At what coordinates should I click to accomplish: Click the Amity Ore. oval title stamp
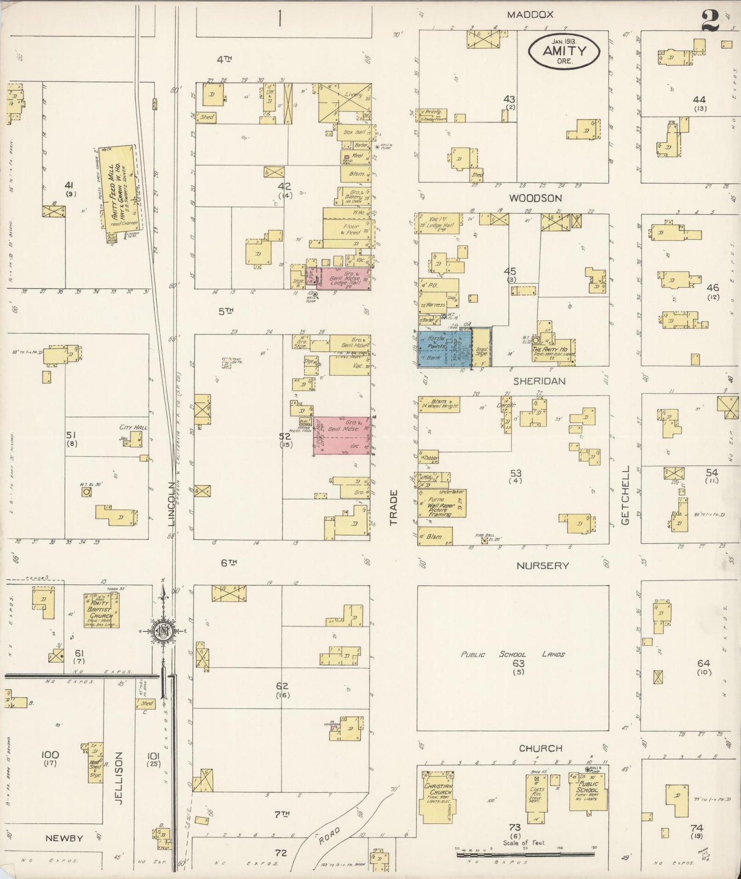[564, 51]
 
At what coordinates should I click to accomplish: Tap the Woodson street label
[535, 198]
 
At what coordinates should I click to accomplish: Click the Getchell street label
[625, 495]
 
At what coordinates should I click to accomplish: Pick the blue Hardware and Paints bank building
[444, 348]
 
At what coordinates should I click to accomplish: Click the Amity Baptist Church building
[102, 610]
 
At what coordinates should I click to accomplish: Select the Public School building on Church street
[588, 793]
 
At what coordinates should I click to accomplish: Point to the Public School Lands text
[512, 654]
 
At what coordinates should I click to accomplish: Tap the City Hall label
[133, 427]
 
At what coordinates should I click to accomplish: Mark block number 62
[282, 686]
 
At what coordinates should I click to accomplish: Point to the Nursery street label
[543, 566]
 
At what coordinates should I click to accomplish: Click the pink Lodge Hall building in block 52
[342, 436]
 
